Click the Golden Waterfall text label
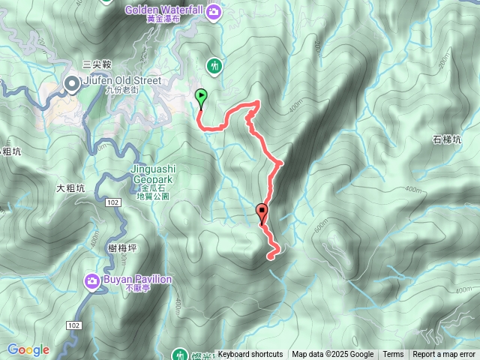point(170,10)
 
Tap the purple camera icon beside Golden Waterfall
point(214,10)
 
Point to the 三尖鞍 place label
point(97,65)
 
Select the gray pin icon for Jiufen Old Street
point(73,84)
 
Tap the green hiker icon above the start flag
point(215,66)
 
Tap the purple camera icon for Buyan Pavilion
point(92,280)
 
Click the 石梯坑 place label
point(447,139)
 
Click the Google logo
point(28,349)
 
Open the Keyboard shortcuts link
point(250,355)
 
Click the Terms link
point(393,355)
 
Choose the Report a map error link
point(444,355)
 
